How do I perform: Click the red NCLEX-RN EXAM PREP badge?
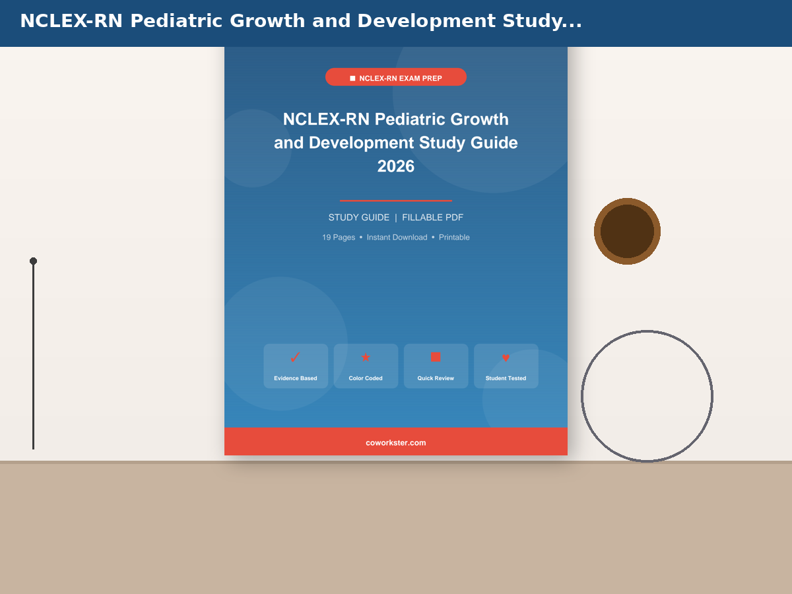pyautogui.click(x=396, y=77)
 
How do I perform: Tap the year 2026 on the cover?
pyautogui.click(x=396, y=166)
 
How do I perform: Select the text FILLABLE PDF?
pyautogui.click(x=432, y=218)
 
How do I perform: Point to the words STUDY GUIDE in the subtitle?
pyautogui.click(x=359, y=218)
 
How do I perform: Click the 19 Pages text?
pyautogui.click(x=339, y=238)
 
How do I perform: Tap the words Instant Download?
pyautogui.click(x=397, y=238)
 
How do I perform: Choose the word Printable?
pyautogui.click(x=454, y=238)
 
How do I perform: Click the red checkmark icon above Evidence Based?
pyautogui.click(x=295, y=358)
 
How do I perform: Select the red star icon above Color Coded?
pyautogui.click(x=366, y=358)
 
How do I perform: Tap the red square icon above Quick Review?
pyautogui.click(x=436, y=357)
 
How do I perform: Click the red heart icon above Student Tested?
pyautogui.click(x=506, y=358)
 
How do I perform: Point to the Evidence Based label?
pyautogui.click(x=296, y=378)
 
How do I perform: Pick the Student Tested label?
pyautogui.click(x=506, y=378)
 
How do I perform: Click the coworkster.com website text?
pyautogui.click(x=396, y=442)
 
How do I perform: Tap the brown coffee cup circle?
pyautogui.click(x=627, y=231)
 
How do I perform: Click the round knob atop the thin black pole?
pyautogui.click(x=33, y=261)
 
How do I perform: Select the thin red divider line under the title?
pyautogui.click(x=396, y=201)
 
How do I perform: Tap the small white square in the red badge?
pyautogui.click(x=352, y=79)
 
